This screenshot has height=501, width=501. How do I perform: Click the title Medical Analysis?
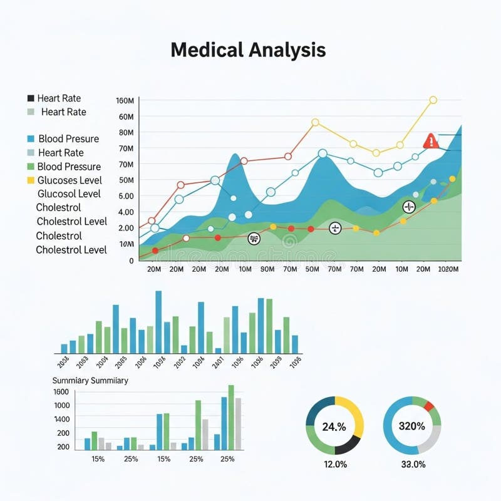(248, 50)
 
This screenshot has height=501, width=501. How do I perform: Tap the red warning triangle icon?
(431, 142)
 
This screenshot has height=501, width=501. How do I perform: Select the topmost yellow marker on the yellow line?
(433, 100)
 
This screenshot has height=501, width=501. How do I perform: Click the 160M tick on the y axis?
(125, 101)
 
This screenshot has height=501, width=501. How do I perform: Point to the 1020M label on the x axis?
(448, 269)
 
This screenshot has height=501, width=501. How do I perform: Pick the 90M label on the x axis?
(267, 269)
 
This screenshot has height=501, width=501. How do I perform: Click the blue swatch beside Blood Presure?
(31, 138)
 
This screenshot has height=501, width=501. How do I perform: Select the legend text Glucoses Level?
(70, 180)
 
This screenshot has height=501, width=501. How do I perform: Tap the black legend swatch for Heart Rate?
(31, 98)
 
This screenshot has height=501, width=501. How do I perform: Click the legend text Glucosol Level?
(69, 194)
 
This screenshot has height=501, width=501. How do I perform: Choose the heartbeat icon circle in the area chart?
(409, 207)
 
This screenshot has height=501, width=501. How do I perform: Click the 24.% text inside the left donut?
(334, 427)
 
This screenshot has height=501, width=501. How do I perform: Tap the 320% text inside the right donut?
(412, 426)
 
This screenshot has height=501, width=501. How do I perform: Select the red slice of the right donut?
(428, 406)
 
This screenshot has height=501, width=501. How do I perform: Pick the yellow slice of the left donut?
(352, 413)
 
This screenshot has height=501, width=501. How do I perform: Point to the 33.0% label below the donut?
(413, 464)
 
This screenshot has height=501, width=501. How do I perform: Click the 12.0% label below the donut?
(334, 464)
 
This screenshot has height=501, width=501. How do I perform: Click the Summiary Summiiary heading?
(90, 381)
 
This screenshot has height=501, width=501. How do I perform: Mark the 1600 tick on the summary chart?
(62, 392)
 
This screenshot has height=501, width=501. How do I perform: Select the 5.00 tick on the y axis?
(126, 196)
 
